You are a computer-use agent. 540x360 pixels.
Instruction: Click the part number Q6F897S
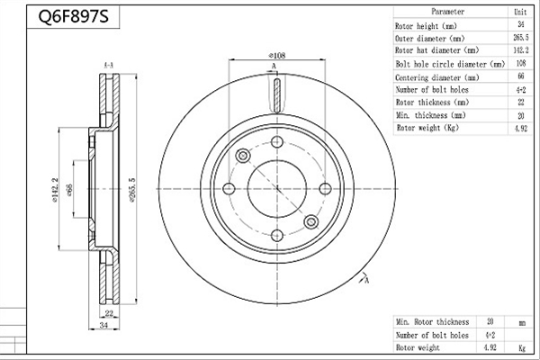(x=73, y=16)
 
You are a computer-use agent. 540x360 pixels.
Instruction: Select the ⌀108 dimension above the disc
(x=277, y=55)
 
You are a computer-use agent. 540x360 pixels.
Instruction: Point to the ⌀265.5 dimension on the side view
(x=132, y=189)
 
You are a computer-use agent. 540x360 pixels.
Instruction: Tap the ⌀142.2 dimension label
(x=55, y=190)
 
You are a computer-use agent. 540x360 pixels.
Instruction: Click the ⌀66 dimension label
(x=69, y=190)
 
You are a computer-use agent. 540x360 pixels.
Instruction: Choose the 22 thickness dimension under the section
(x=109, y=313)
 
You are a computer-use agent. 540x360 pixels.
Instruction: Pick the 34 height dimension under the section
(x=103, y=325)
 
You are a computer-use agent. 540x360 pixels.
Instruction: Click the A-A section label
(x=109, y=65)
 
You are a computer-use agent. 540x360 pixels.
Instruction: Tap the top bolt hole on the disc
(x=277, y=141)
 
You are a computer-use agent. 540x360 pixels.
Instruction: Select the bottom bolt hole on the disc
(x=277, y=236)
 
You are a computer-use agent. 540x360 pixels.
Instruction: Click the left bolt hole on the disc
(x=229, y=189)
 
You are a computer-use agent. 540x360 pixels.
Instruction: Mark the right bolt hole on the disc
(x=325, y=189)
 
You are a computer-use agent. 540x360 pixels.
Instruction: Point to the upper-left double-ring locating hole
(x=243, y=156)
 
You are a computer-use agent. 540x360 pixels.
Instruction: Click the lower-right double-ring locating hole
(x=311, y=222)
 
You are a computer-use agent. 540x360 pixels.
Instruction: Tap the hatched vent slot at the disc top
(x=277, y=95)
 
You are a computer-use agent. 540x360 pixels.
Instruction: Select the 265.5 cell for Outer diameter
(x=521, y=38)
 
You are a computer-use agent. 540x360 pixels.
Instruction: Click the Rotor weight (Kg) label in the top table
(x=427, y=128)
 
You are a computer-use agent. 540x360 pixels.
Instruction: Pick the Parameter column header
(x=447, y=12)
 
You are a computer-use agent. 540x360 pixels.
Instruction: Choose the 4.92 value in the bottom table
(x=490, y=347)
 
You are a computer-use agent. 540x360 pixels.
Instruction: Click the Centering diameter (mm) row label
(x=437, y=77)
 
